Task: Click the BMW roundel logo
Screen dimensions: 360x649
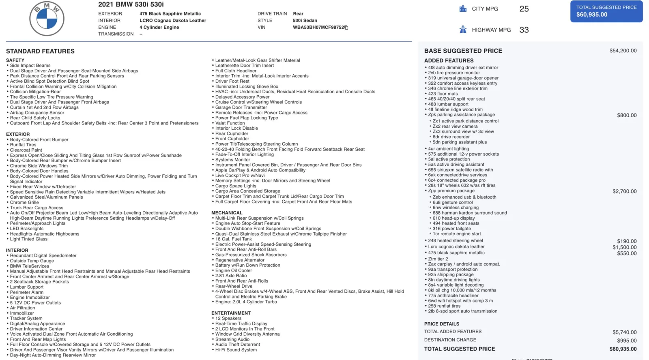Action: [47, 19]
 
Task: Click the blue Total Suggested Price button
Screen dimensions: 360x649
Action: [606, 11]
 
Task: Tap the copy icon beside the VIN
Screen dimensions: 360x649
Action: [346, 28]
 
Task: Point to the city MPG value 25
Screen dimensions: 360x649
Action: [524, 9]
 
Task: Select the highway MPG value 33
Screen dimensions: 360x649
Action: [524, 30]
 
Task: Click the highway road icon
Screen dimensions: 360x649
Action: [463, 30]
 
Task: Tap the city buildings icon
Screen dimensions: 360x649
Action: [463, 9]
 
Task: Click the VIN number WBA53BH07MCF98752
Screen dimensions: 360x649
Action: [318, 28]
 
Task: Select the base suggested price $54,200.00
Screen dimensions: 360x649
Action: [623, 51]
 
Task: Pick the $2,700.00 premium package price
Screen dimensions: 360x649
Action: [624, 191]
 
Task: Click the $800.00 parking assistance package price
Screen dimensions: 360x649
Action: [627, 116]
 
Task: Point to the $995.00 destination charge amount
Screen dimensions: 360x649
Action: [627, 341]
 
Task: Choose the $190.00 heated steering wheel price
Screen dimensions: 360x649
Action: [627, 241]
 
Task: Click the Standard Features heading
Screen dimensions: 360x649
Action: [40, 51]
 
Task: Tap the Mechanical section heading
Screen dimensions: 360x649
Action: [227, 213]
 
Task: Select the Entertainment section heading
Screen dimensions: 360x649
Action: [231, 313]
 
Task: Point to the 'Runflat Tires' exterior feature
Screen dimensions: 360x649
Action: [23, 145]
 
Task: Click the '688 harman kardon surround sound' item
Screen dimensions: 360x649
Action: [470, 213]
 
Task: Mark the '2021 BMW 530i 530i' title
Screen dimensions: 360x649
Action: [131, 4]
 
